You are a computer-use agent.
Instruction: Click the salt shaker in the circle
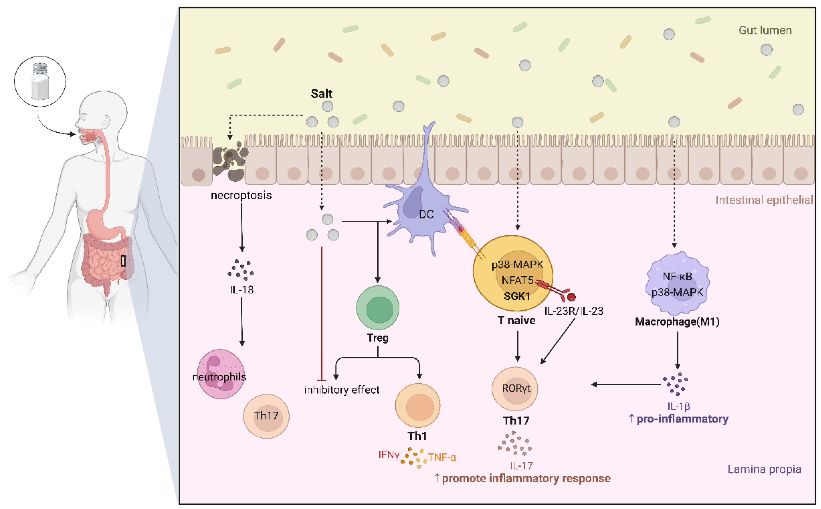(x=40, y=81)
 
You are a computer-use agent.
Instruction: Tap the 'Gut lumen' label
(x=765, y=30)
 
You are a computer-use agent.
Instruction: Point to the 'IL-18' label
(x=242, y=289)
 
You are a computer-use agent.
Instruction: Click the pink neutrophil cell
(x=221, y=374)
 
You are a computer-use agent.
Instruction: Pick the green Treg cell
(x=377, y=308)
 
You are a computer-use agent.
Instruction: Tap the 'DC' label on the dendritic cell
(x=426, y=215)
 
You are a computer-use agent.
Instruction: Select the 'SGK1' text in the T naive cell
(x=517, y=296)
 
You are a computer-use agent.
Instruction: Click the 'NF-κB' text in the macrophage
(x=677, y=276)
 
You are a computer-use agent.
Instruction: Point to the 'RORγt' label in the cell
(x=516, y=389)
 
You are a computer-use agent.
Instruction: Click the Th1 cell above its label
(x=417, y=406)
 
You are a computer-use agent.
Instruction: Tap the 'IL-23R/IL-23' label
(x=573, y=311)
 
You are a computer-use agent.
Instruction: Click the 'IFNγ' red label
(x=389, y=455)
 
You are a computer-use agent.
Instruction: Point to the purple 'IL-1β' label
(x=679, y=406)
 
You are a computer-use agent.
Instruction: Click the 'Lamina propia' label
(x=764, y=469)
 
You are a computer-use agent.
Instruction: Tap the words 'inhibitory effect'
(x=342, y=390)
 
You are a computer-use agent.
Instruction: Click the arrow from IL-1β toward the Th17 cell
(x=626, y=384)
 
